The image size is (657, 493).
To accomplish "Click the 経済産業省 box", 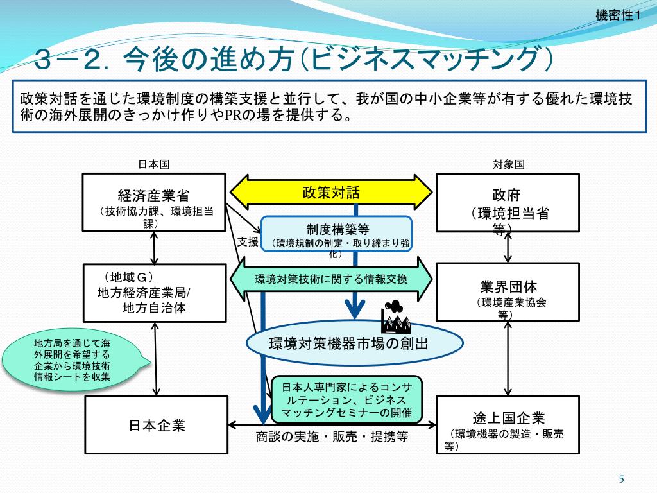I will pos(154,202).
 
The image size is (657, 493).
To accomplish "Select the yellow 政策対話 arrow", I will pos(331,192).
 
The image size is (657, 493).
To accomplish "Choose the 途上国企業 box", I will pos(507,424).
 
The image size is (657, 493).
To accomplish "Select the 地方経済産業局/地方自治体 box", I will pos(154,292).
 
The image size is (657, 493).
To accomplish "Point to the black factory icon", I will pos(395,315).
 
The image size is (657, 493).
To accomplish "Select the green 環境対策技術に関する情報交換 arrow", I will pos(331,279).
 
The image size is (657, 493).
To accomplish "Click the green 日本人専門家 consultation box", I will pos(346,400).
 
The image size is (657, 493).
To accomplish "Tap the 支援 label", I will pos(248,241).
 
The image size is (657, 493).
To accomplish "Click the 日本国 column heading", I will pos(154,164).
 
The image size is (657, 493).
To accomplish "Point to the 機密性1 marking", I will pos(618,16).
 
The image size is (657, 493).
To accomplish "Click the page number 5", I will pos(621,478).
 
